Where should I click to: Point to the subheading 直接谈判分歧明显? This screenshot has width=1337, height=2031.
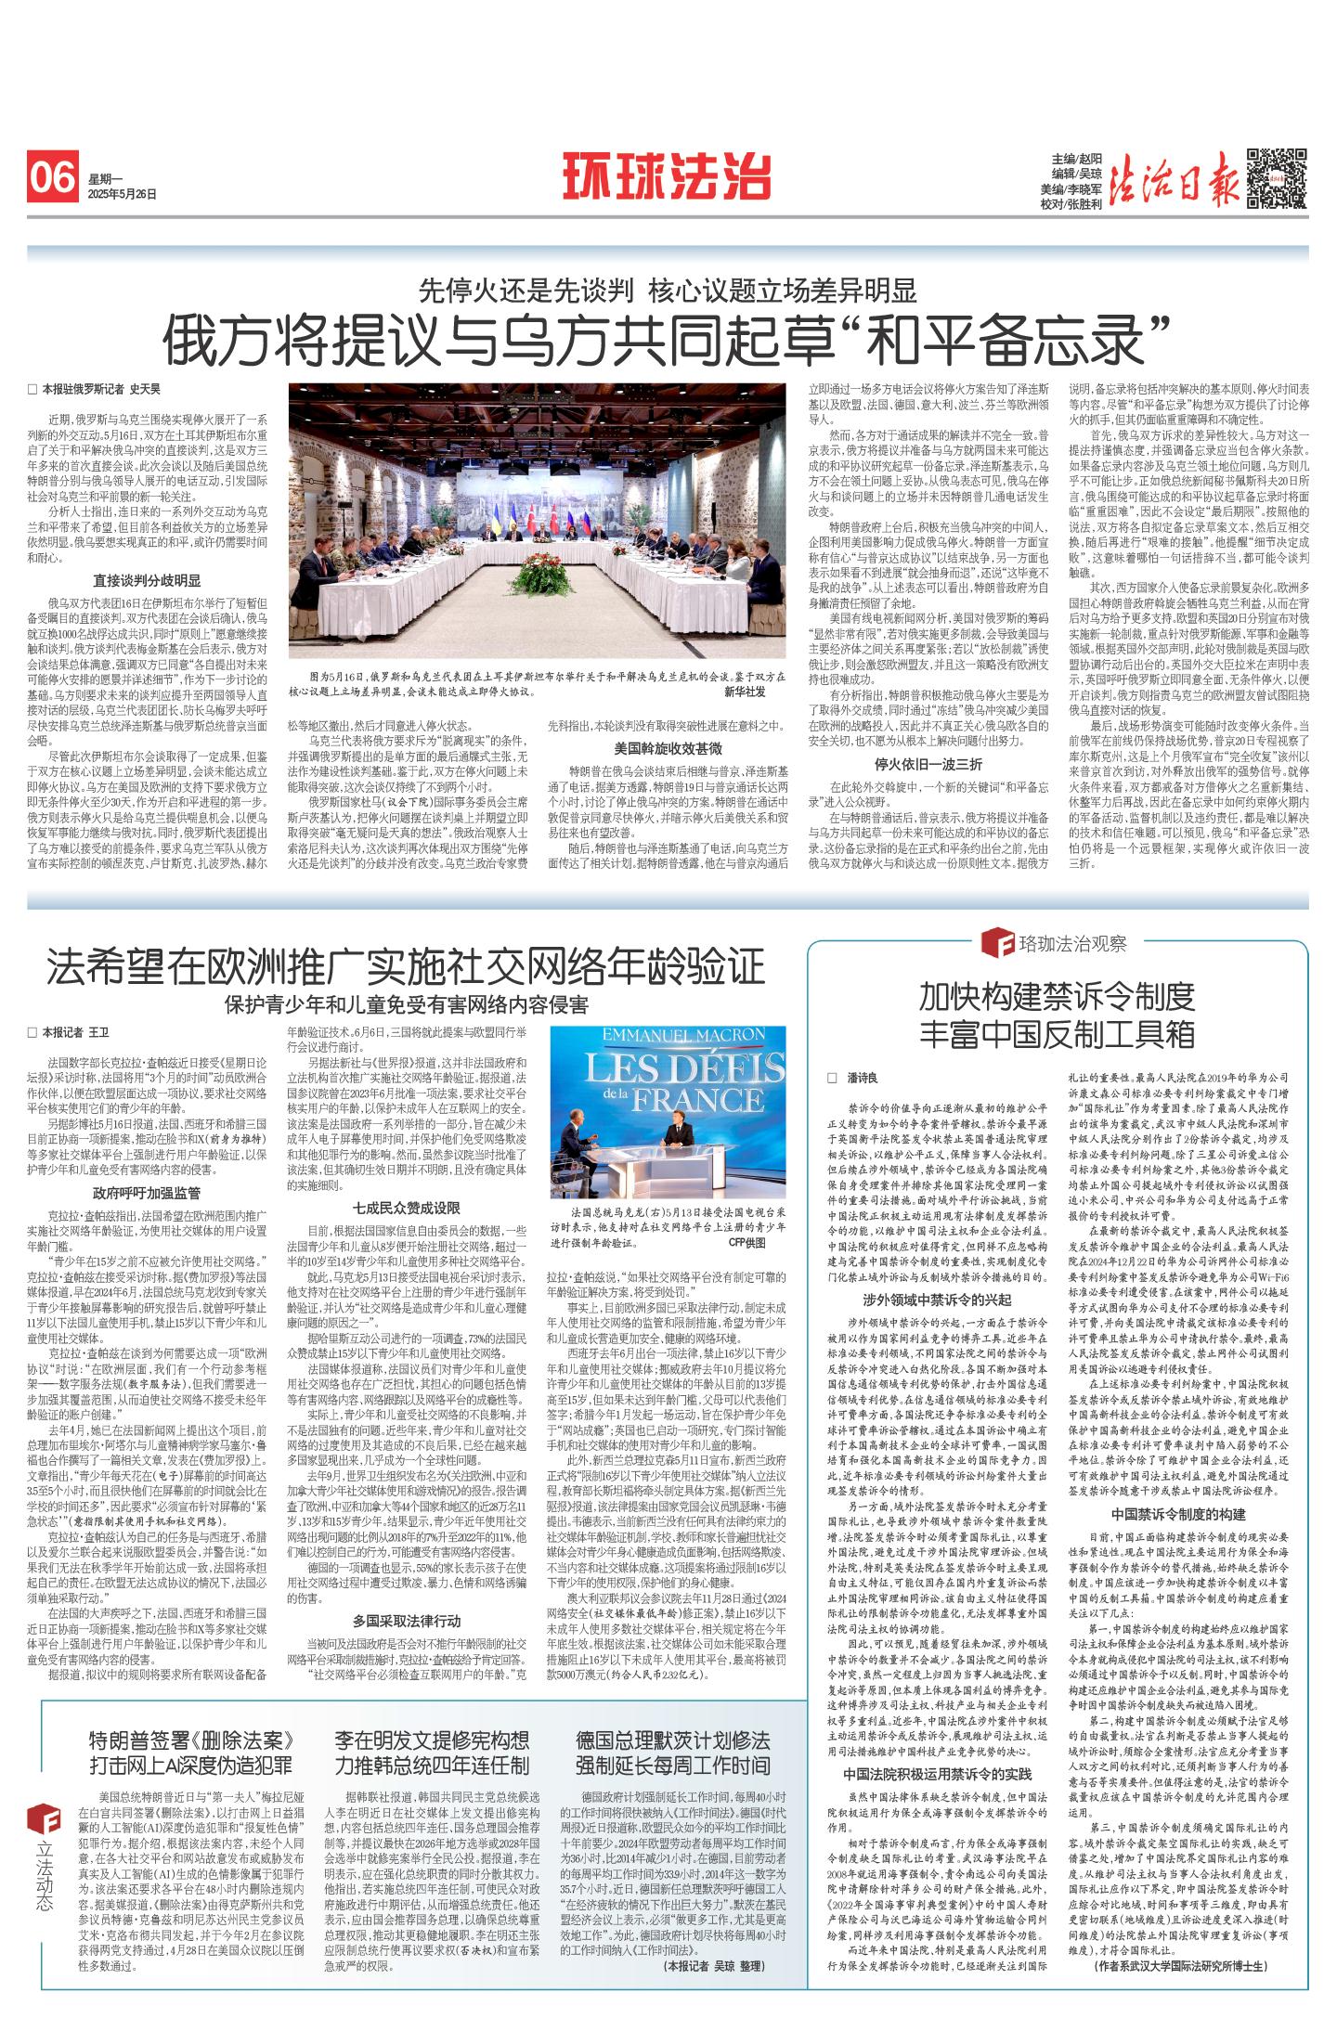(147, 581)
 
